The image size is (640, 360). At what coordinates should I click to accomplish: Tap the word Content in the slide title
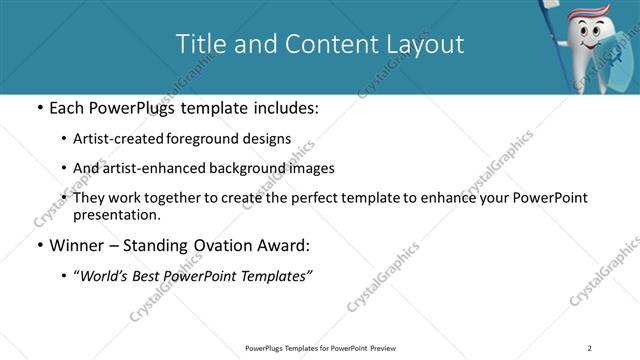tap(324, 44)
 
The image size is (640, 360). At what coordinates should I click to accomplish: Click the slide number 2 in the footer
tap(589, 347)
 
